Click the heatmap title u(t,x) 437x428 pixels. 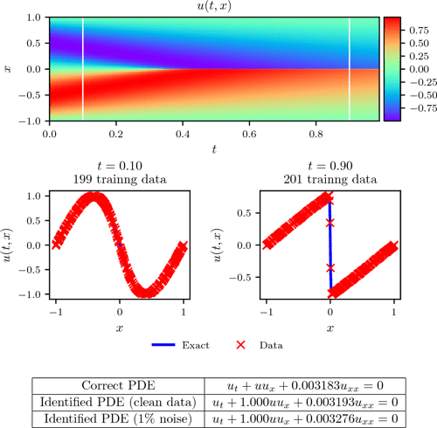(x=214, y=7)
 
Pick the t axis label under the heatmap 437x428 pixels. (x=214, y=149)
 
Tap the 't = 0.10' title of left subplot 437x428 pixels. (x=121, y=167)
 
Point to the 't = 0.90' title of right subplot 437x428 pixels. (x=329, y=167)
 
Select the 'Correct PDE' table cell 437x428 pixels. (x=117, y=385)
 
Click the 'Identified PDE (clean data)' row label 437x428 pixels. (x=117, y=402)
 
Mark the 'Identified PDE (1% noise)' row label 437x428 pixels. (x=117, y=418)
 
